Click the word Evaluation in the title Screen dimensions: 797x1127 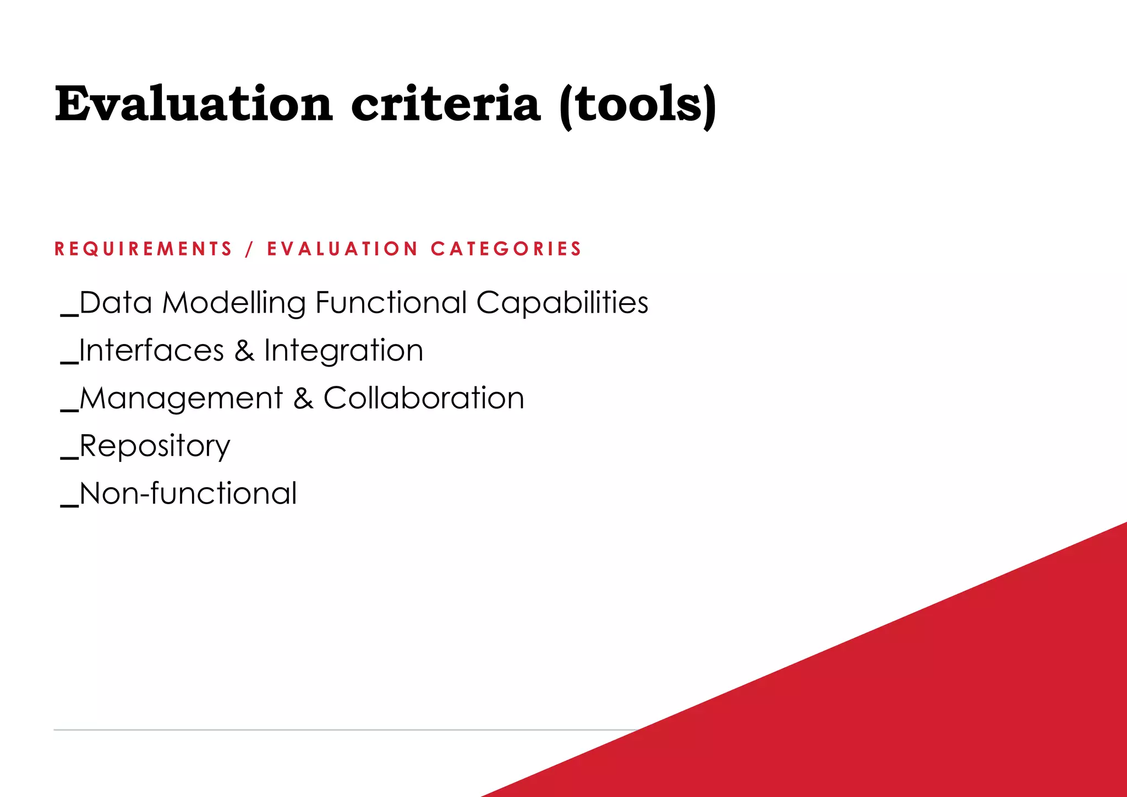[x=194, y=105]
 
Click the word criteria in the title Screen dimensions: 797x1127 [x=446, y=105]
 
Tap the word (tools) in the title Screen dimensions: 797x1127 [x=637, y=106]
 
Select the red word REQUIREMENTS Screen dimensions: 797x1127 [x=144, y=249]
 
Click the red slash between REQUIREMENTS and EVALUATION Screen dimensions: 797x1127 [x=250, y=249]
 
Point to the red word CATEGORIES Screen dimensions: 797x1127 [x=506, y=249]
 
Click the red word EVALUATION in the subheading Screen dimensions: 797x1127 [x=342, y=249]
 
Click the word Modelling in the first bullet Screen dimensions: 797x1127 [x=233, y=303]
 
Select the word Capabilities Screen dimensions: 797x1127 [x=562, y=303]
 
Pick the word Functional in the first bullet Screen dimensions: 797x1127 [x=391, y=303]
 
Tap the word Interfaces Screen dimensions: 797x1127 [x=151, y=351]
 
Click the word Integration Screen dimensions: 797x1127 [x=343, y=351]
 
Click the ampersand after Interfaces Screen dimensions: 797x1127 [x=244, y=351]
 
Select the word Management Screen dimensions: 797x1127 [x=181, y=398]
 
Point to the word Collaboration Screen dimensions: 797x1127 [x=424, y=398]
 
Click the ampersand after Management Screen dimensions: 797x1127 [x=303, y=398]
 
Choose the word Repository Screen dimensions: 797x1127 [x=155, y=446]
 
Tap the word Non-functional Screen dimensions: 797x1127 [x=188, y=493]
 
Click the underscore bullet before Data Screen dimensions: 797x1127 [x=69, y=314]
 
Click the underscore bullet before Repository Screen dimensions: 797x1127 [x=69, y=457]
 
